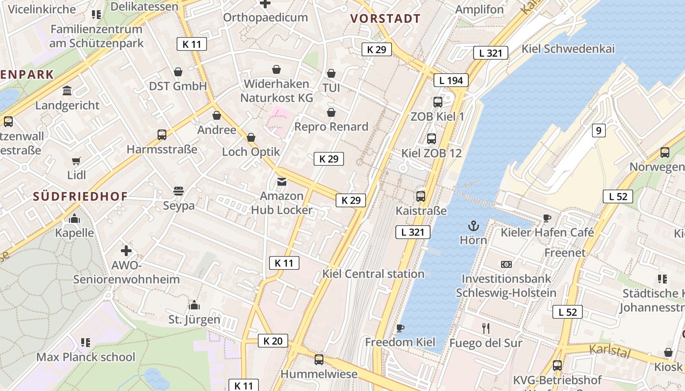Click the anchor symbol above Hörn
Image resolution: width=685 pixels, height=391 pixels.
tap(473, 226)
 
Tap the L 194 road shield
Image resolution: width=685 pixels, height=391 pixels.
tap(451, 81)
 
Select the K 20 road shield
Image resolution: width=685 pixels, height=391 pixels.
tap(273, 341)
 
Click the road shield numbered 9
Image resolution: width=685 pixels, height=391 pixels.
tap(598, 130)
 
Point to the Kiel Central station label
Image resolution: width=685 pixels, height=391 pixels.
tap(373, 274)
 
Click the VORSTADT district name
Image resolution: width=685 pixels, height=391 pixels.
tap(386, 19)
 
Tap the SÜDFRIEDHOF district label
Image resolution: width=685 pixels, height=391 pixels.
tap(80, 196)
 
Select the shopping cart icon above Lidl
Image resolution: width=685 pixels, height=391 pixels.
tap(76, 161)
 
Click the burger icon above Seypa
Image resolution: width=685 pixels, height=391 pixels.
tap(179, 191)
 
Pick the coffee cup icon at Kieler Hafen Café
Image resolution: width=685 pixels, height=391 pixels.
tap(547, 218)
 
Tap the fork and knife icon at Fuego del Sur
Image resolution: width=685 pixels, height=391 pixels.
tap(486, 328)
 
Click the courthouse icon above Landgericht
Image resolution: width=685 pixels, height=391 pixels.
tap(67, 91)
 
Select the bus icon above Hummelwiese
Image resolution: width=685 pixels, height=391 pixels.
tap(319, 360)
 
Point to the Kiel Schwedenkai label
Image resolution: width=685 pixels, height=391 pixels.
tap(568, 49)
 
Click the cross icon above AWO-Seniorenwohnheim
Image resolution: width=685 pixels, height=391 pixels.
tap(126, 251)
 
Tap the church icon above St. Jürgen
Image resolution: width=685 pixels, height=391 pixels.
tap(194, 306)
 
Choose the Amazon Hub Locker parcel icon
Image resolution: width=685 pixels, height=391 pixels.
tap(282, 182)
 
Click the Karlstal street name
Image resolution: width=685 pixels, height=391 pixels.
tap(609, 350)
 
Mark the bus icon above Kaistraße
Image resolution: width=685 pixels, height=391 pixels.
tap(421, 196)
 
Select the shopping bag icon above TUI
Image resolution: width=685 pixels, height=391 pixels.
tap(331, 73)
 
